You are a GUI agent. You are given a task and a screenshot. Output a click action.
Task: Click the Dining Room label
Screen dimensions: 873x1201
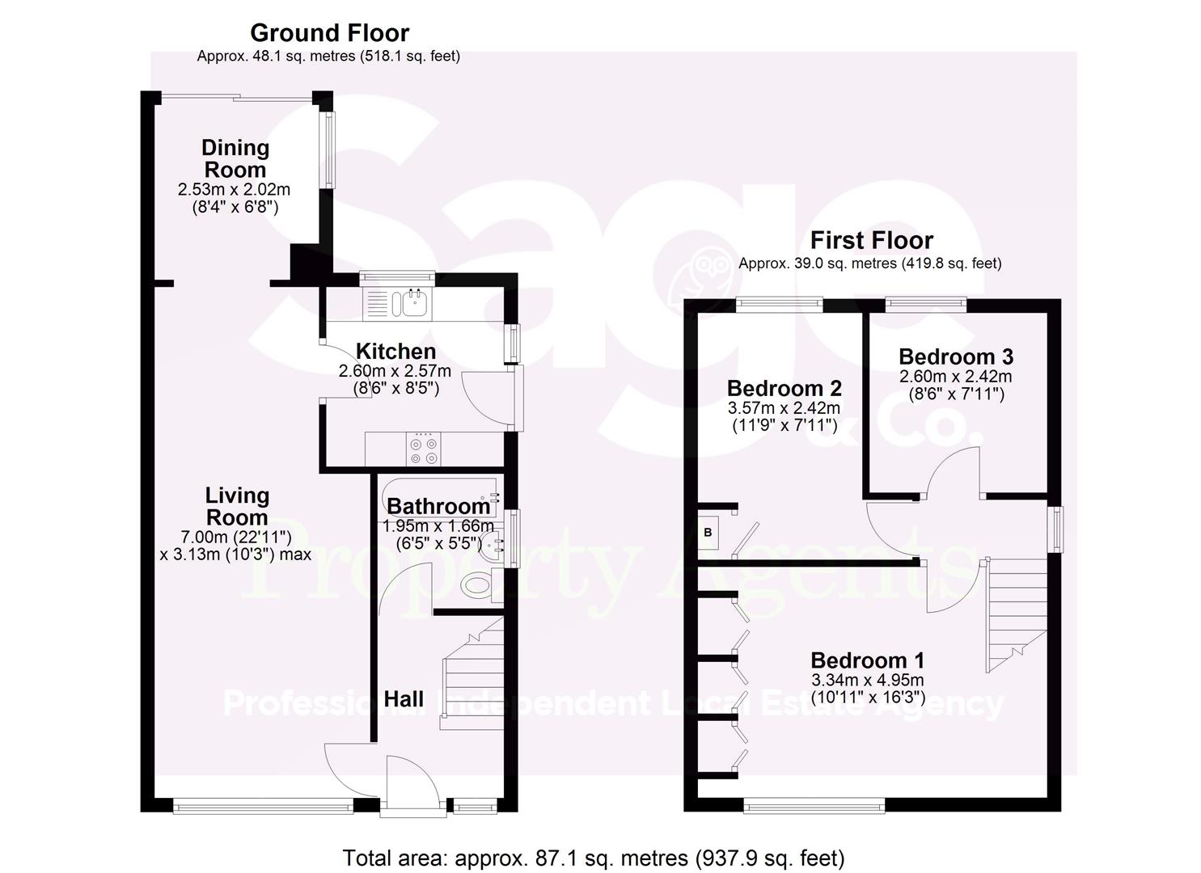[235, 158]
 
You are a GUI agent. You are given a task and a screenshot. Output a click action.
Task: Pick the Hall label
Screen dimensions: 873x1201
[404, 699]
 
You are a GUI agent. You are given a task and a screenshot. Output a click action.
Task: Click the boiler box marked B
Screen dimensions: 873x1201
[708, 533]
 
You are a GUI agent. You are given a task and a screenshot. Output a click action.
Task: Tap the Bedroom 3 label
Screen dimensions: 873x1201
[955, 356]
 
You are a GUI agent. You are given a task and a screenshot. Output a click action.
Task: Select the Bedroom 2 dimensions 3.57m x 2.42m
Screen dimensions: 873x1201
[784, 408]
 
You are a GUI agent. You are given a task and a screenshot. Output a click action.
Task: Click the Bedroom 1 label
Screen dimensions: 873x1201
[867, 660]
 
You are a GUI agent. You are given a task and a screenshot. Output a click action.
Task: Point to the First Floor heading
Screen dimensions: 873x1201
[871, 240]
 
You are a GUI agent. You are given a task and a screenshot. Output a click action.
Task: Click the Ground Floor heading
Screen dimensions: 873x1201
[329, 33]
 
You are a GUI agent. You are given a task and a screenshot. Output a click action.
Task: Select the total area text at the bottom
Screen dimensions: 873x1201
[593, 858]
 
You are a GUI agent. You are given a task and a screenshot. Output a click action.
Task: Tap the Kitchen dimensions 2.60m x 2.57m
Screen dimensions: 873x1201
[395, 372]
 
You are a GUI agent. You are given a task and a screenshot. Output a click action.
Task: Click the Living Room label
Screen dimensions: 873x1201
[236, 506]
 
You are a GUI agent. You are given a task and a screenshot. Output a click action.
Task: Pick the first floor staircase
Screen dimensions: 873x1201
[1015, 614]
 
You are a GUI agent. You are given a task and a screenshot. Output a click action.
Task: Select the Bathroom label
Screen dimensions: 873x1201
[438, 506]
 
